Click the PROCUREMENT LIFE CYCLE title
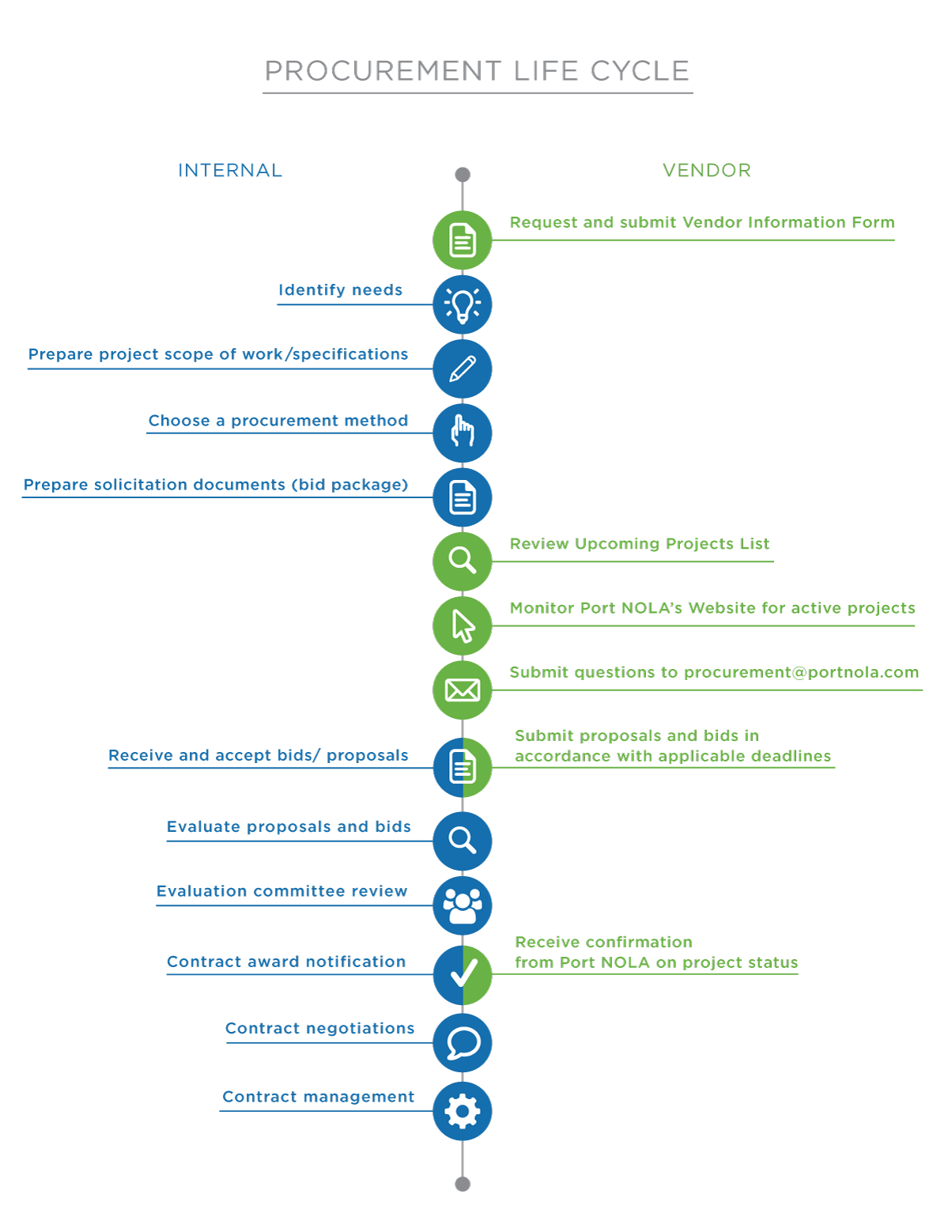coord(477,71)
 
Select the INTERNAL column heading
coord(230,170)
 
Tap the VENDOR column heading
coord(707,170)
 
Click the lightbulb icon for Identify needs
coord(463,305)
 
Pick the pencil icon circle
coord(463,369)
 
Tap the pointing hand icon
coord(463,433)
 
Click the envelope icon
coord(463,690)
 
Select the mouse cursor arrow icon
coord(463,626)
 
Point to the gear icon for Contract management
coord(463,1111)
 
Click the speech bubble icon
coord(463,1043)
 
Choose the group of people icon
coord(463,905)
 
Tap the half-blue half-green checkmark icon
coord(463,974)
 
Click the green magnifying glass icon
coord(463,561)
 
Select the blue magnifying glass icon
coord(463,841)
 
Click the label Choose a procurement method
coord(278,421)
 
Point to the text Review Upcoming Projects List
coord(640,544)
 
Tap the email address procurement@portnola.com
coord(801,672)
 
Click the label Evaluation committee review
coord(282,891)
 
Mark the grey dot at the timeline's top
coord(463,175)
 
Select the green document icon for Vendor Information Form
coord(463,240)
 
